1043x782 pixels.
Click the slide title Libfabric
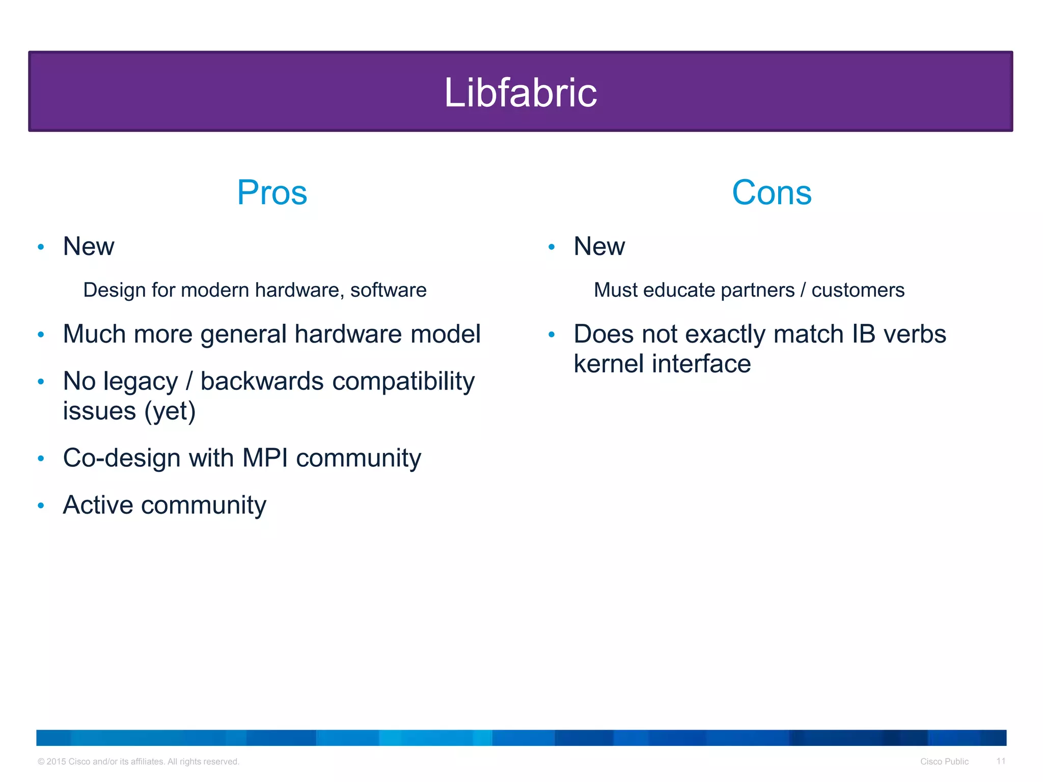point(520,93)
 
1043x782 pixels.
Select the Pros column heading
point(272,193)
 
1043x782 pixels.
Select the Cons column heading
point(771,193)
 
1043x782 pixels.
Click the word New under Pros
point(89,246)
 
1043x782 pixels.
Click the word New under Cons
point(599,246)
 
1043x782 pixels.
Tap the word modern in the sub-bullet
point(214,290)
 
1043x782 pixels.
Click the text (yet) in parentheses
point(170,411)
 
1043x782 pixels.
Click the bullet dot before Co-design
point(41,458)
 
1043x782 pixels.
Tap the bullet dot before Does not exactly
point(552,335)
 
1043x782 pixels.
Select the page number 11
point(1001,761)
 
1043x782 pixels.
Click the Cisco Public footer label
point(944,762)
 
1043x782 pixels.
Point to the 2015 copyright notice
point(138,762)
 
